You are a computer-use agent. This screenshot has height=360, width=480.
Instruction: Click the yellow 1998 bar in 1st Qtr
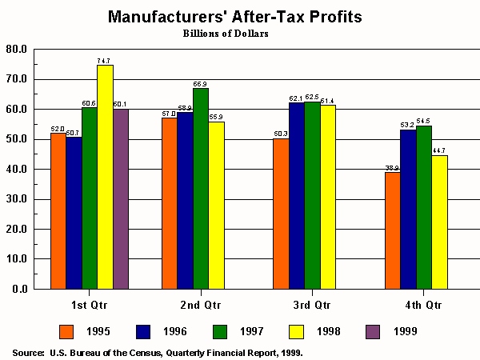tap(105, 176)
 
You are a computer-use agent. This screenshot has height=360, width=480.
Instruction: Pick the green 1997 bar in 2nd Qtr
tap(200, 188)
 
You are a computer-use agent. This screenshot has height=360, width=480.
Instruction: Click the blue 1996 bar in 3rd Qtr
tap(297, 195)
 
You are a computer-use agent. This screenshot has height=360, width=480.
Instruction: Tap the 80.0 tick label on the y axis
tap(17, 50)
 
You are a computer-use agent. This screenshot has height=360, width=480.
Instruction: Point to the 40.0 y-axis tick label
tap(17, 170)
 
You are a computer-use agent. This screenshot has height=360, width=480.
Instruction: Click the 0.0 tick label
tap(19, 290)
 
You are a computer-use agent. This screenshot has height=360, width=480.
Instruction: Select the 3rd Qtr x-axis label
tap(312, 305)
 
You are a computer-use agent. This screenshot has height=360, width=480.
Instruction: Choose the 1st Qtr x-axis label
tap(89, 305)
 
